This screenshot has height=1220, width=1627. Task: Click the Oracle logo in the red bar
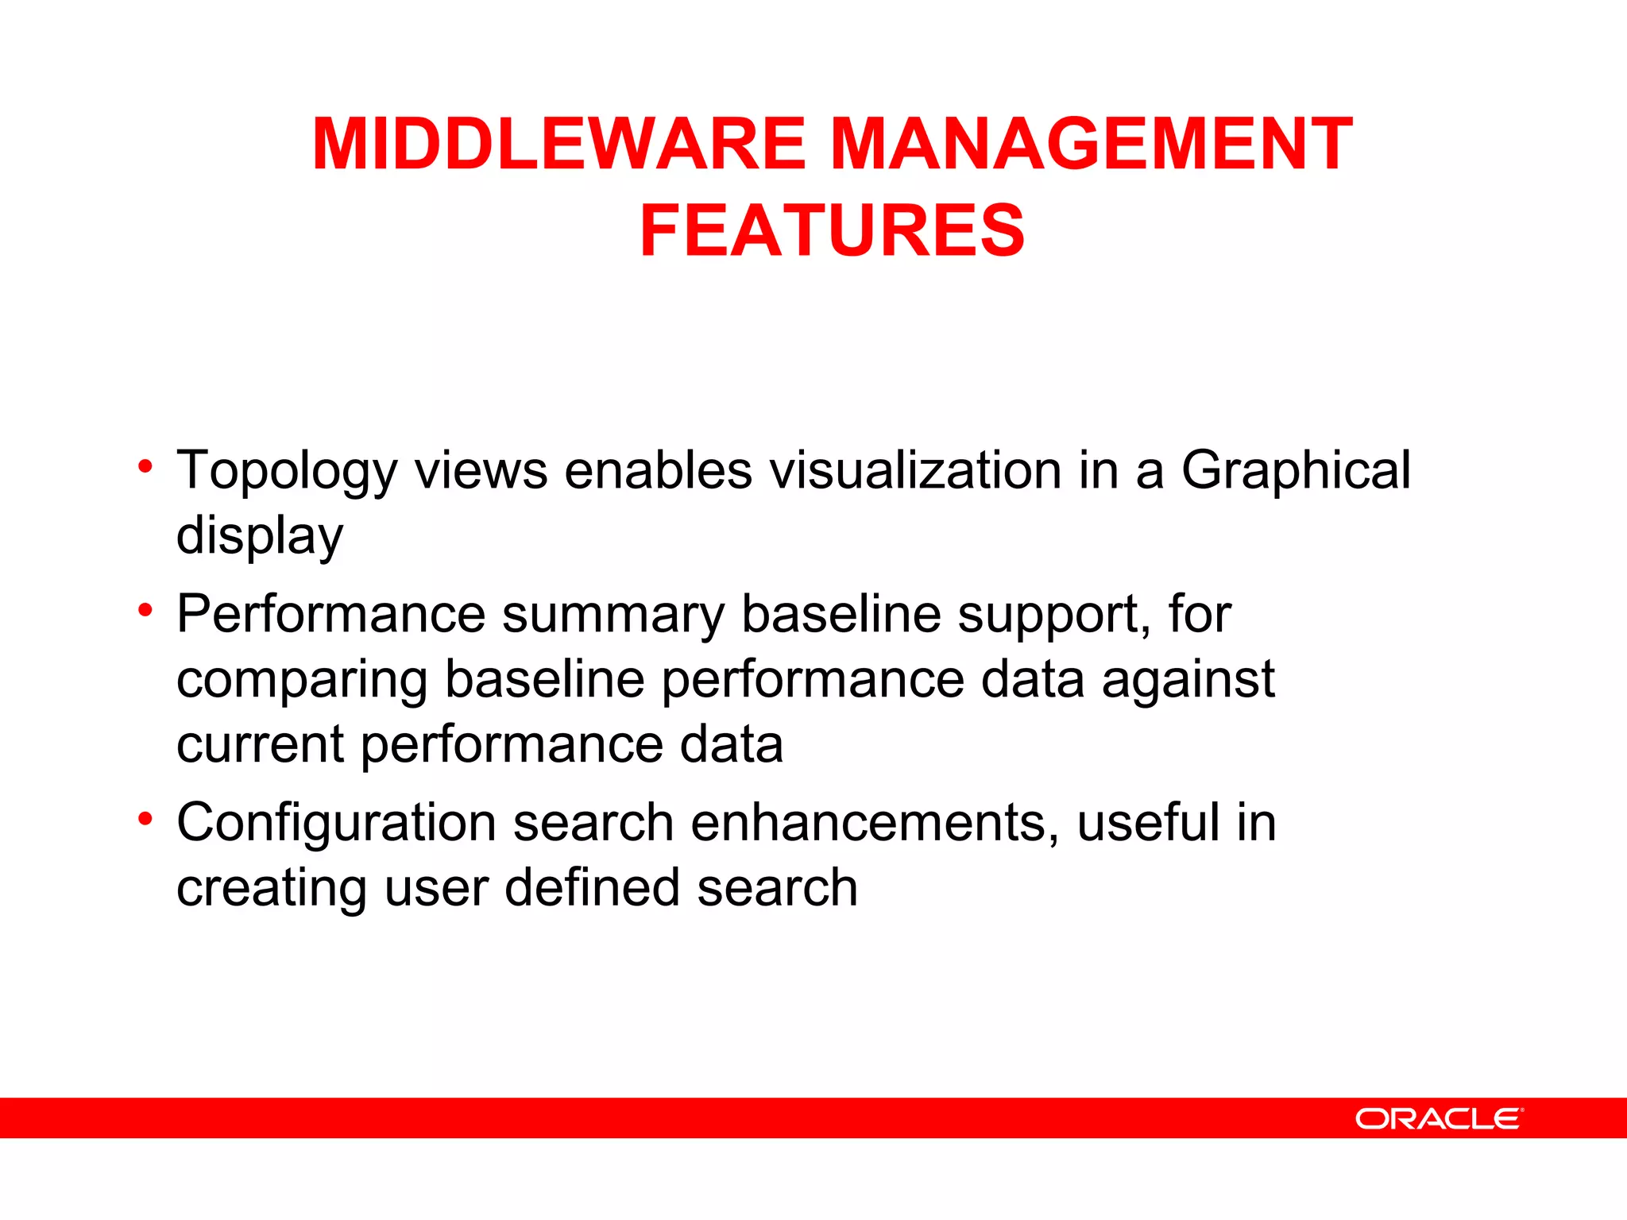coord(1439,1118)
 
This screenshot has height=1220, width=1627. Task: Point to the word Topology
coord(286,471)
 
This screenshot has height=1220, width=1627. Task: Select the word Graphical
coord(1296,471)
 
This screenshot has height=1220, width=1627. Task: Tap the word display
coord(260,536)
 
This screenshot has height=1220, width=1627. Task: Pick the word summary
coord(613,616)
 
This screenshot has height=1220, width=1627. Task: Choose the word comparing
coord(302,681)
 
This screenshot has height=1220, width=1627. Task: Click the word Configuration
coord(337,823)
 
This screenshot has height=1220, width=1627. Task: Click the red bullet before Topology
coord(145,466)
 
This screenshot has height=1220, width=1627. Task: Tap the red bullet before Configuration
coord(145,818)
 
